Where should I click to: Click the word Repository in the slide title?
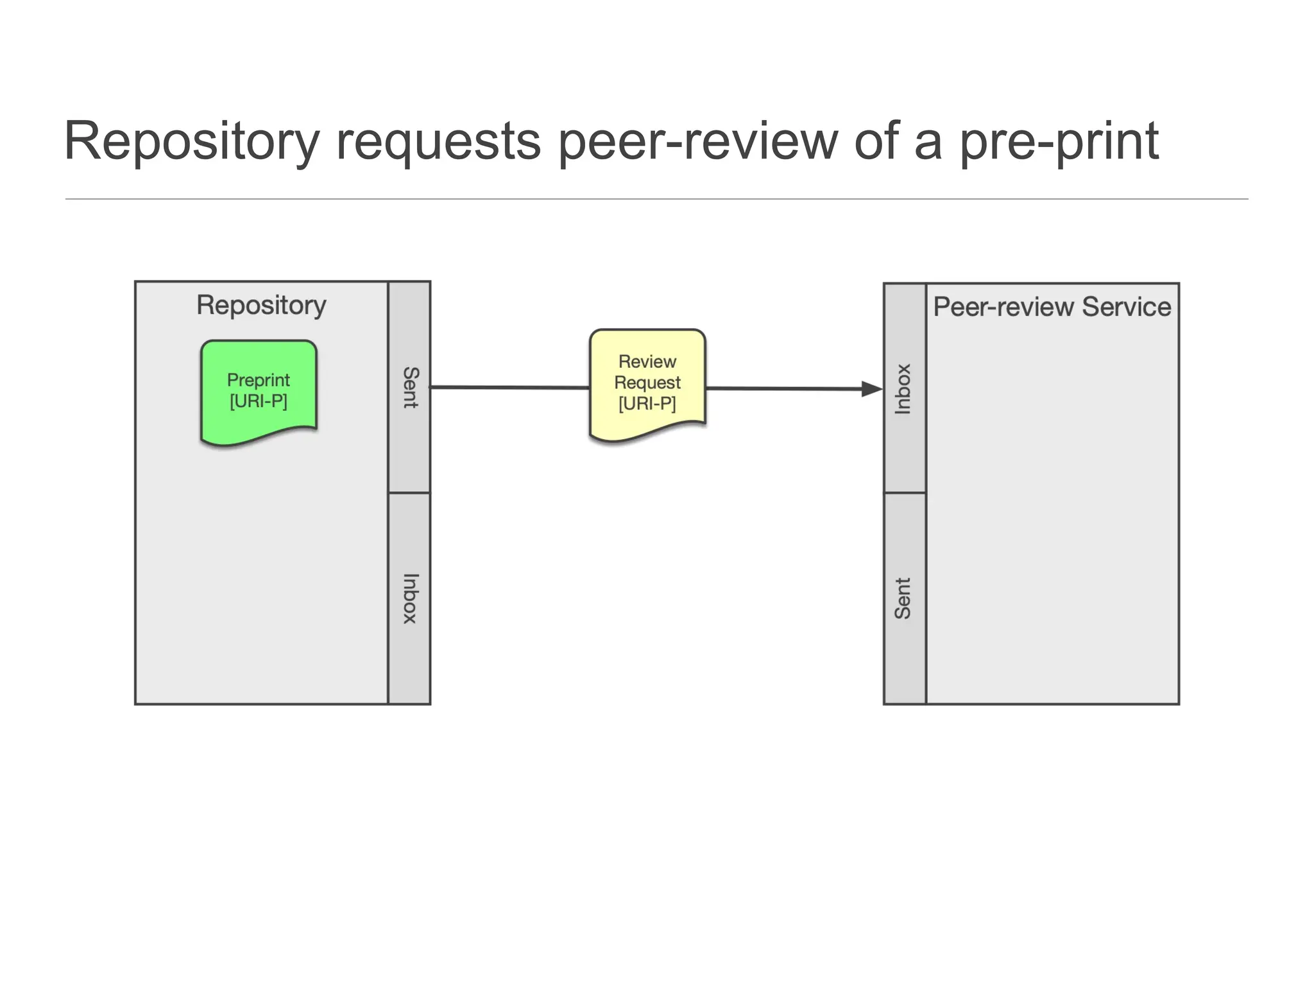(x=191, y=143)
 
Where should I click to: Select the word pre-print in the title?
(x=1059, y=143)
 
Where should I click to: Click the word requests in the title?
(x=438, y=143)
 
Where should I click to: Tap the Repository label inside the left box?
(x=261, y=306)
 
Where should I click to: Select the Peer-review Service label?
(x=1052, y=307)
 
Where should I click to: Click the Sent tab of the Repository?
(x=409, y=387)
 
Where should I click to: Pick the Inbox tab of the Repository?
(x=409, y=598)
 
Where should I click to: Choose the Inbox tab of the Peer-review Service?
(x=903, y=389)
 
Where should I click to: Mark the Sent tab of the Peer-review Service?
(x=903, y=598)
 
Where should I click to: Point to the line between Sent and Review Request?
(x=510, y=388)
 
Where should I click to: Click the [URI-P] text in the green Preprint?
(x=259, y=402)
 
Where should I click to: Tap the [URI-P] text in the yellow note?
(x=647, y=404)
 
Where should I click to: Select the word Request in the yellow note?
(x=647, y=383)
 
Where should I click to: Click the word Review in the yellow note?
(x=647, y=361)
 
